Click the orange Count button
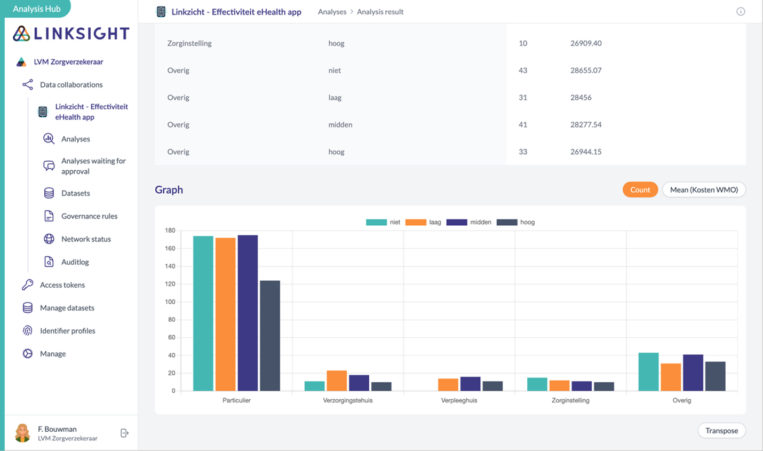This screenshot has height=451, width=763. coord(640,189)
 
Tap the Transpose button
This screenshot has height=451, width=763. coord(721,431)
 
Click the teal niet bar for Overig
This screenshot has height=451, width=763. coord(648,371)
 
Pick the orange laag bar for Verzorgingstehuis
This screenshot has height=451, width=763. coord(337,381)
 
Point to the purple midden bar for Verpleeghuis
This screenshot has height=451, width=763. coord(470,384)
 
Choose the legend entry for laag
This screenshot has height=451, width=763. coord(423,222)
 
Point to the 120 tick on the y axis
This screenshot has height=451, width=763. coord(170,284)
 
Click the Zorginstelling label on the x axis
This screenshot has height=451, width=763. coord(570,400)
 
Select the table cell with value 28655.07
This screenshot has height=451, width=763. coord(585,70)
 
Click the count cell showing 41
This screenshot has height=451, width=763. coord(523,124)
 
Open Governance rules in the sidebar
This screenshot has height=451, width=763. coord(89,216)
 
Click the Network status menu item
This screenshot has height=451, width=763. coord(86,239)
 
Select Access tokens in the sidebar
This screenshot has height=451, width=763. coord(62,285)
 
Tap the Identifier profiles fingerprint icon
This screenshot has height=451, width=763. coord(28,331)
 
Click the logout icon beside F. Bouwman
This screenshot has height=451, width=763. coord(124,433)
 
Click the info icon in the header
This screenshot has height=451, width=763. coord(741,12)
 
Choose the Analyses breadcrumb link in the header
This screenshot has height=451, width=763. coord(332,12)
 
